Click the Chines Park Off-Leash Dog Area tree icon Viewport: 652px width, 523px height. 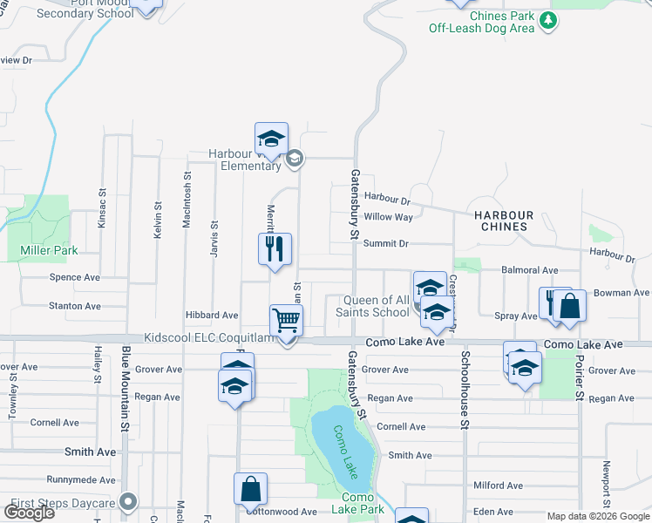click(548, 20)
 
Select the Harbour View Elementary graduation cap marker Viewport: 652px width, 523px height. click(271, 139)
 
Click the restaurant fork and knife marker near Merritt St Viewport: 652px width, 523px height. click(275, 249)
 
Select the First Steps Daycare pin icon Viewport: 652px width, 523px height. click(130, 501)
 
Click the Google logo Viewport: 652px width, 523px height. click(29, 513)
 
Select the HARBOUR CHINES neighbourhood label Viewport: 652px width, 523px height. click(503, 221)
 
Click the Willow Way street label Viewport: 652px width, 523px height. click(389, 217)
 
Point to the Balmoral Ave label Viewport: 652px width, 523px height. click(529, 271)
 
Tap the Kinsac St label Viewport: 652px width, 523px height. click(102, 210)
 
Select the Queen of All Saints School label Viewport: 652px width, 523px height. click(382, 306)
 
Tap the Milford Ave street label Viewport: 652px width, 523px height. click(498, 486)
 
